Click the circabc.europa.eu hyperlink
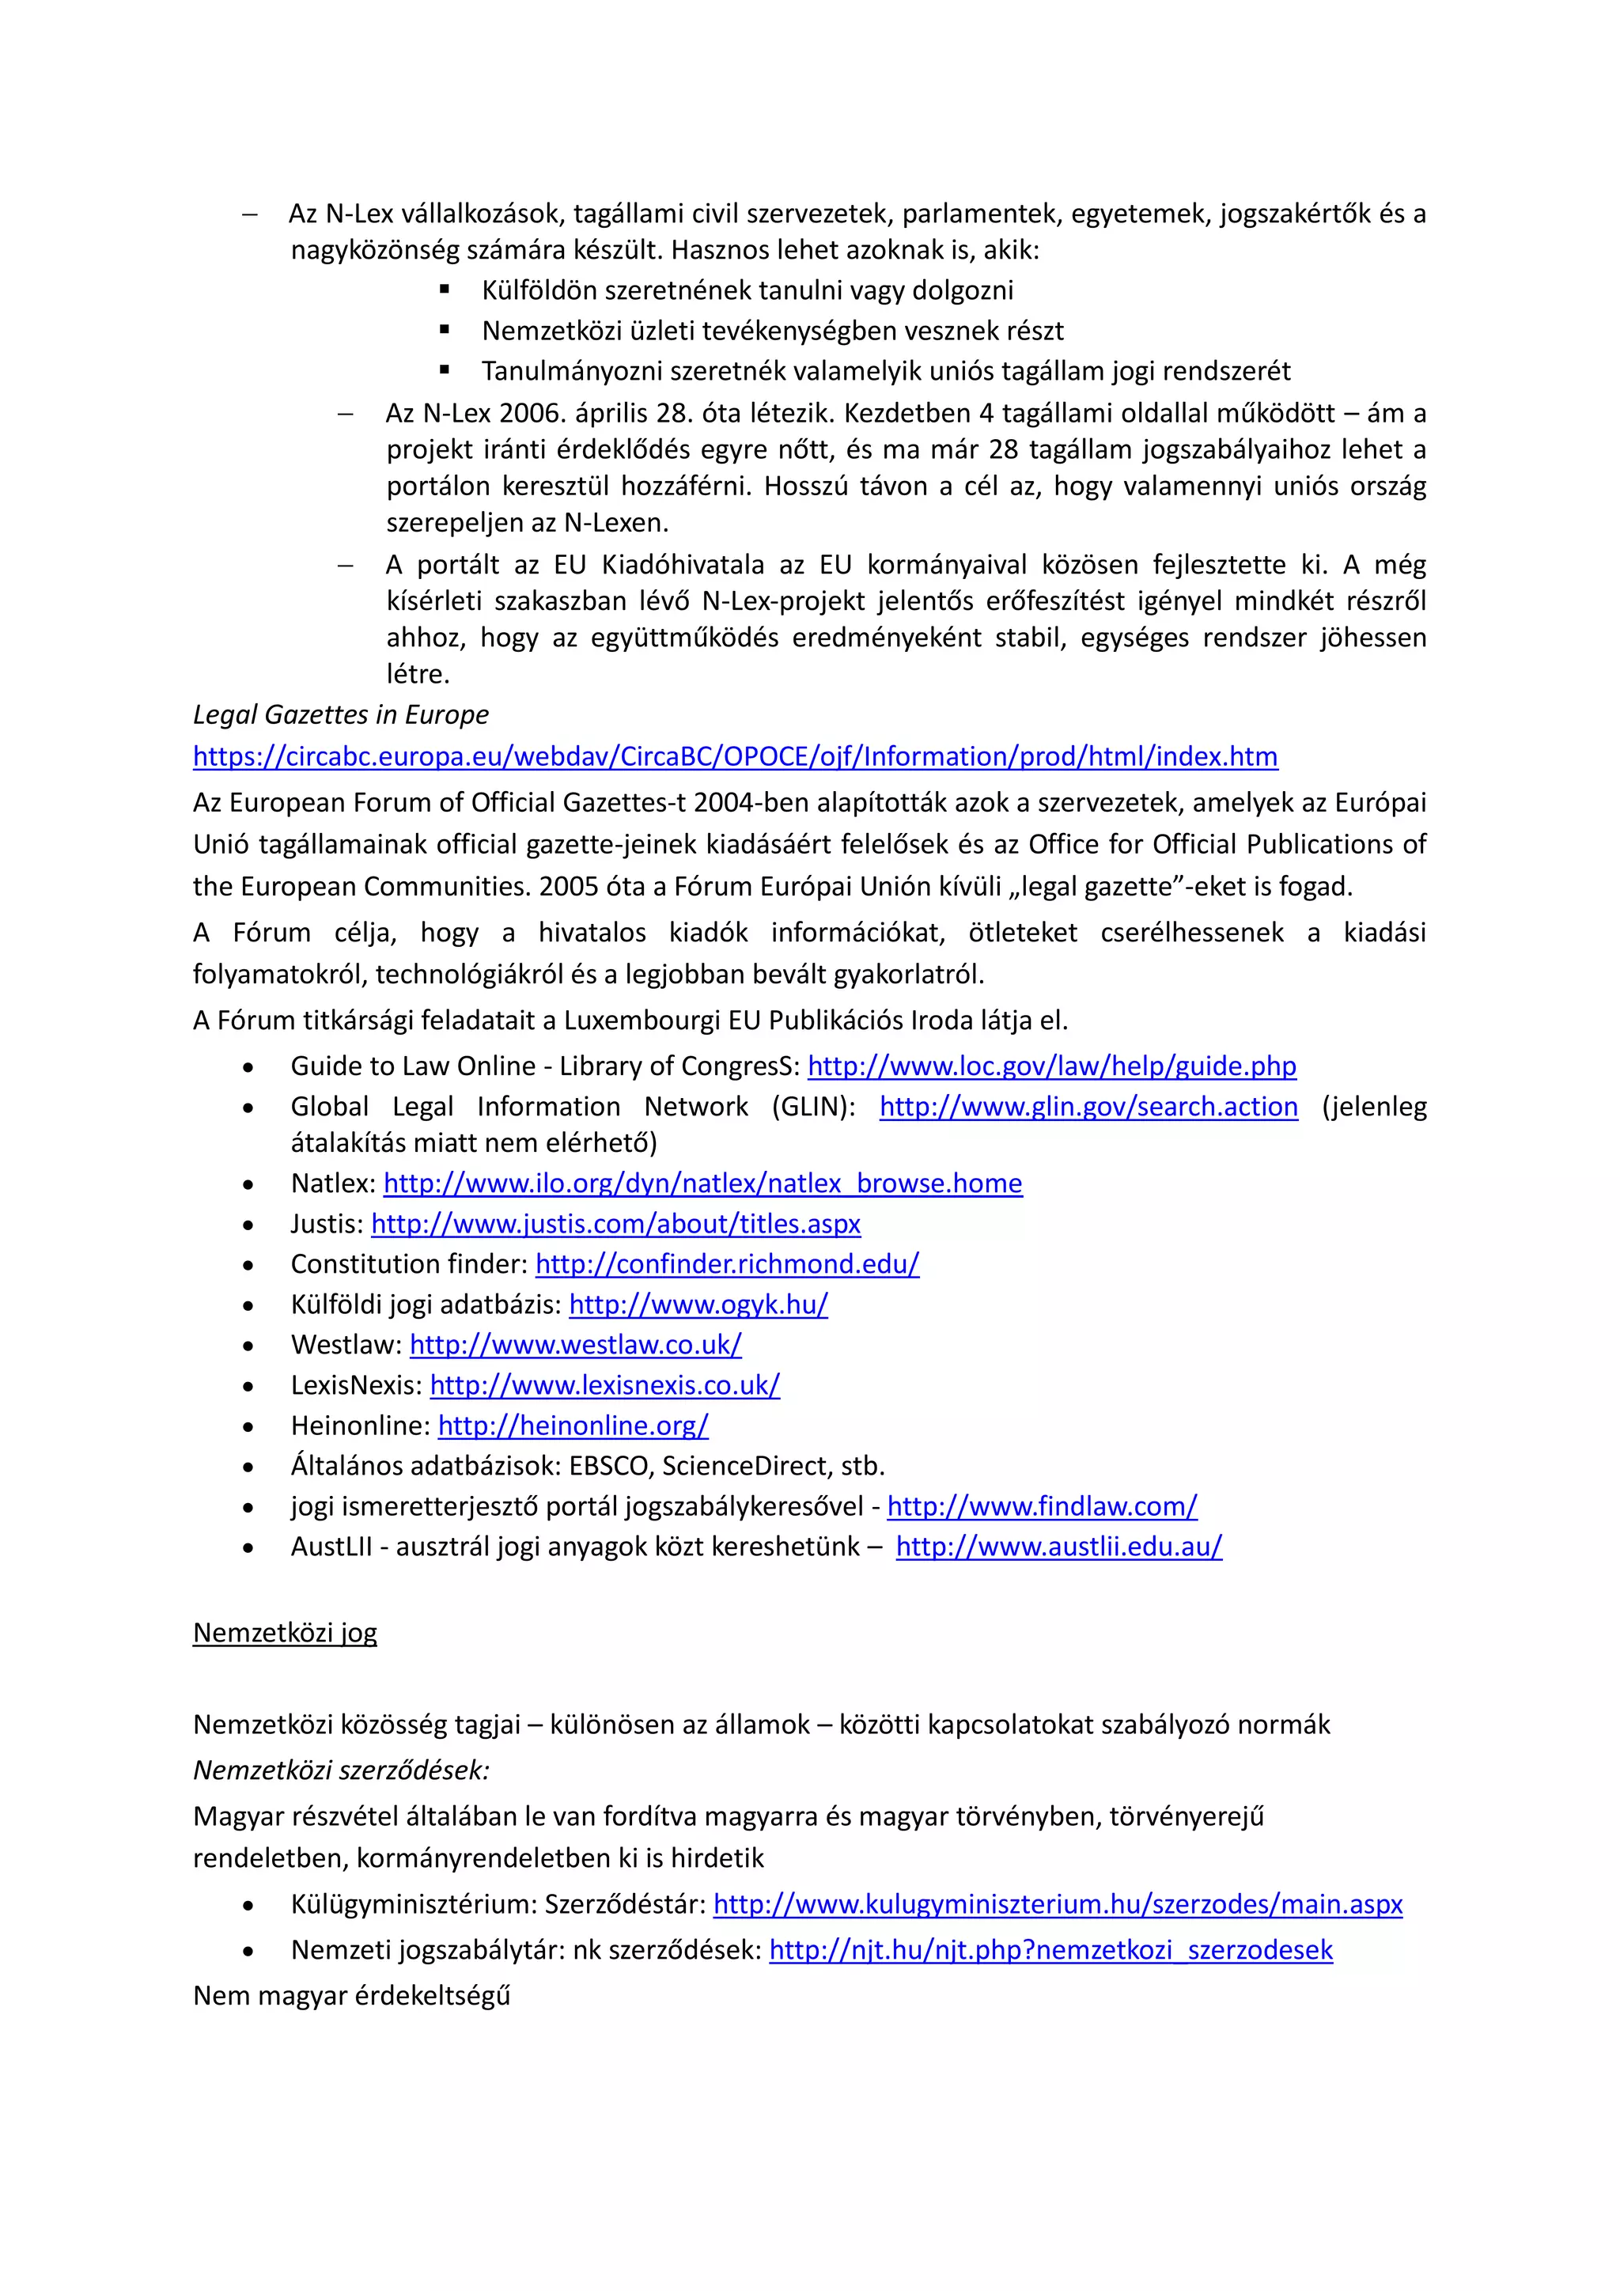click(x=734, y=756)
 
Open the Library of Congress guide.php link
click(x=1051, y=1066)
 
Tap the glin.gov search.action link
click(x=1088, y=1107)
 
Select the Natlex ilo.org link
click(x=702, y=1183)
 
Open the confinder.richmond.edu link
click(x=727, y=1264)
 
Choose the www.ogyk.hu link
click(x=698, y=1305)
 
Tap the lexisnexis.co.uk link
click(x=604, y=1385)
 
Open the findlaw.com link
click(x=1042, y=1507)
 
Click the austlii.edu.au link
click(x=1058, y=1547)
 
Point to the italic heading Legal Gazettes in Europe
click(x=340, y=714)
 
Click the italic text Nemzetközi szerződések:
click(x=340, y=1770)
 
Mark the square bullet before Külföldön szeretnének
click(x=445, y=290)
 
